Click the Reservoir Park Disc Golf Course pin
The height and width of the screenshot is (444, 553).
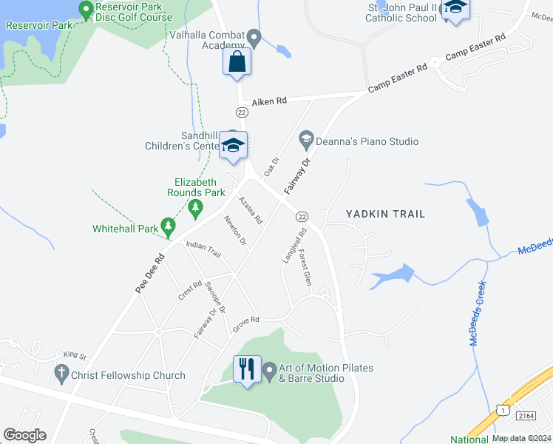point(86,10)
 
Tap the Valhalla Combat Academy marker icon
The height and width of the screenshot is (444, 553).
point(254,36)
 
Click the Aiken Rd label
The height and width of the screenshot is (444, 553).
point(269,101)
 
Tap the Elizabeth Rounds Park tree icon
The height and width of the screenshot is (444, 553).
point(195,208)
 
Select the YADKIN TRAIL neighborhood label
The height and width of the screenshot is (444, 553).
point(386,214)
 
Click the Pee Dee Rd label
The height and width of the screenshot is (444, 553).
point(149,275)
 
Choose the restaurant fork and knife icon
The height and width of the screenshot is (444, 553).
point(247,368)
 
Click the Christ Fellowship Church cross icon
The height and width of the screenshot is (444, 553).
point(61,375)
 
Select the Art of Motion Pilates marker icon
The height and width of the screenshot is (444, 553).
point(269,369)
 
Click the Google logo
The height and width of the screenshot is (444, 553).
point(24,435)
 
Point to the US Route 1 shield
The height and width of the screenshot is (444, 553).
point(502,410)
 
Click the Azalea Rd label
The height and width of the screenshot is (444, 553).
point(251,210)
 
